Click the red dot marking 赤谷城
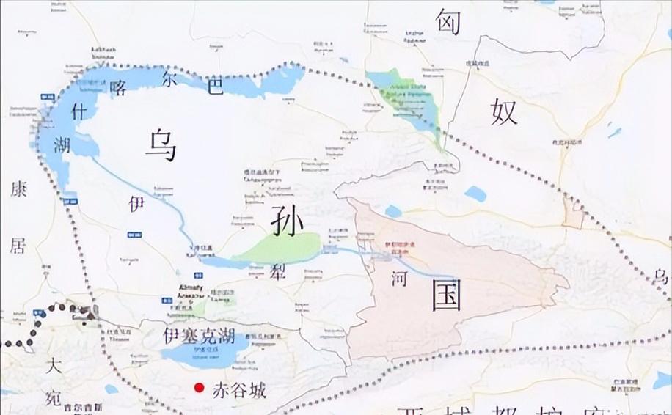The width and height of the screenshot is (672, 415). pos(197,389)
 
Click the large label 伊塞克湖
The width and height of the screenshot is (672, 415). pos(199,337)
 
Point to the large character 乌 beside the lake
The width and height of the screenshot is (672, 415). pos(161,144)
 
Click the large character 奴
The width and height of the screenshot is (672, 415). pos(505,112)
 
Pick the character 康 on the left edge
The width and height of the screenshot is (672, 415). pos(18,189)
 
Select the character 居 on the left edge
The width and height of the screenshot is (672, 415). pos(17,245)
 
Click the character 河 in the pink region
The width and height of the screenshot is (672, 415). pos(398,279)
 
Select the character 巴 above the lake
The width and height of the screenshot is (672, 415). pos(214,85)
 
